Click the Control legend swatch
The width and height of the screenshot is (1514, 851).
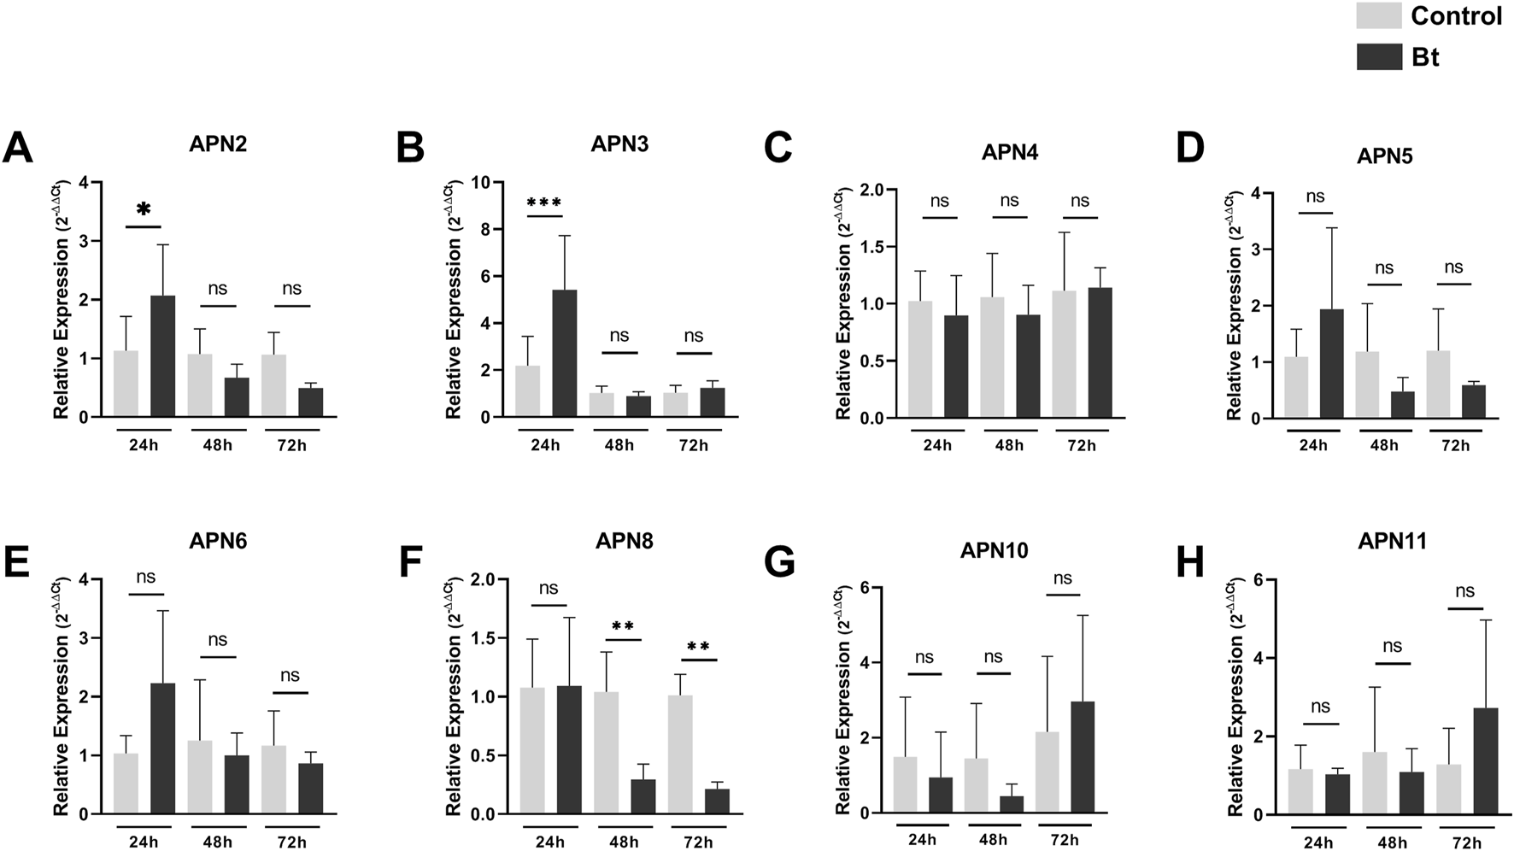(x=1379, y=15)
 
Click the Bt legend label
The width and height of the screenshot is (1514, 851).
(x=1425, y=57)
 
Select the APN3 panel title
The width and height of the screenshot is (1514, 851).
(x=619, y=144)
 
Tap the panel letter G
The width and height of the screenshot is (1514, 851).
(x=779, y=561)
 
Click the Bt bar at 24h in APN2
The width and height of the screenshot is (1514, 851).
(x=163, y=356)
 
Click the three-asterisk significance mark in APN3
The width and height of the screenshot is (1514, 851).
(x=544, y=203)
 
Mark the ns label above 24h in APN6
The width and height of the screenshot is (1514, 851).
(x=145, y=577)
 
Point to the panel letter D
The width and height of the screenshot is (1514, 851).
(x=1190, y=147)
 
